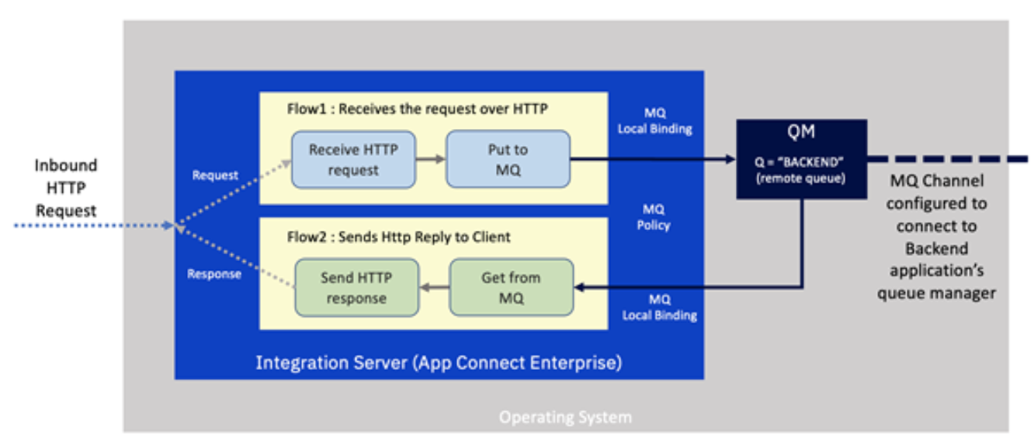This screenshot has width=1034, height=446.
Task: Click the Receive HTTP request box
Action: (353, 159)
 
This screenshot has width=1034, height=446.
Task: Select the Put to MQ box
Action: (508, 159)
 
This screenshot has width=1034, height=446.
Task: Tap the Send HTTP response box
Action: (356, 287)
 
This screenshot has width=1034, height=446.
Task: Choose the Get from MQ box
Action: (511, 287)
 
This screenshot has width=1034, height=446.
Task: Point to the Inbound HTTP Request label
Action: (65, 187)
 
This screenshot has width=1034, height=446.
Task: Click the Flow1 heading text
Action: (417, 110)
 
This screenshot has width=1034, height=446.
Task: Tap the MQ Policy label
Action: (654, 217)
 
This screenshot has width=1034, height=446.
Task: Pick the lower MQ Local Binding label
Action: (658, 307)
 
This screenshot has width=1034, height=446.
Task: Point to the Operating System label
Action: (564, 417)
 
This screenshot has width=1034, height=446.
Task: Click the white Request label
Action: (215, 176)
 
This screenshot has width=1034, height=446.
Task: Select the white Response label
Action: (213, 274)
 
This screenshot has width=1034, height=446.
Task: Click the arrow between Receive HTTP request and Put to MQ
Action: (430, 159)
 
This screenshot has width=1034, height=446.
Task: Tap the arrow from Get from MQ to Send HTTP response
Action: (434, 287)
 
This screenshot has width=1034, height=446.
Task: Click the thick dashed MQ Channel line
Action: (947, 159)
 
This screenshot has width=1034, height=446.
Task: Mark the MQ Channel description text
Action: (936, 237)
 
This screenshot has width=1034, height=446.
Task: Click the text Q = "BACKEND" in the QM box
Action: (801, 163)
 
